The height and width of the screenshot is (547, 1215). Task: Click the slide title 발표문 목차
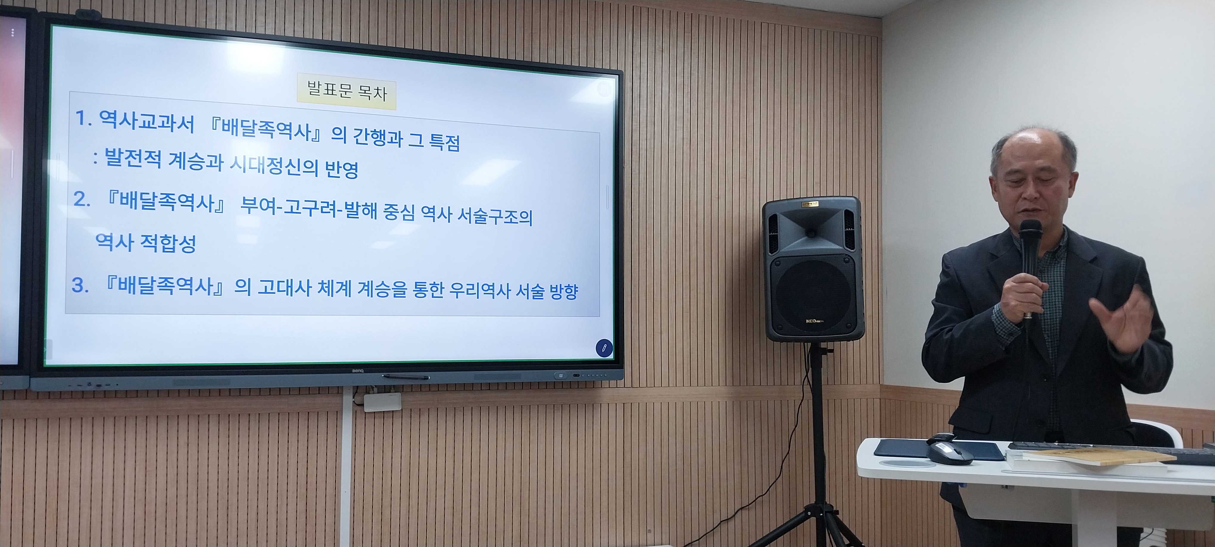tap(347, 91)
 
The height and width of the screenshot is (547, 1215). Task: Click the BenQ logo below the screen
tap(359, 371)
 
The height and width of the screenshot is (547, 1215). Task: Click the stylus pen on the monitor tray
tap(405, 377)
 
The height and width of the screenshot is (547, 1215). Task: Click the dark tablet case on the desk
tap(939, 450)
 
